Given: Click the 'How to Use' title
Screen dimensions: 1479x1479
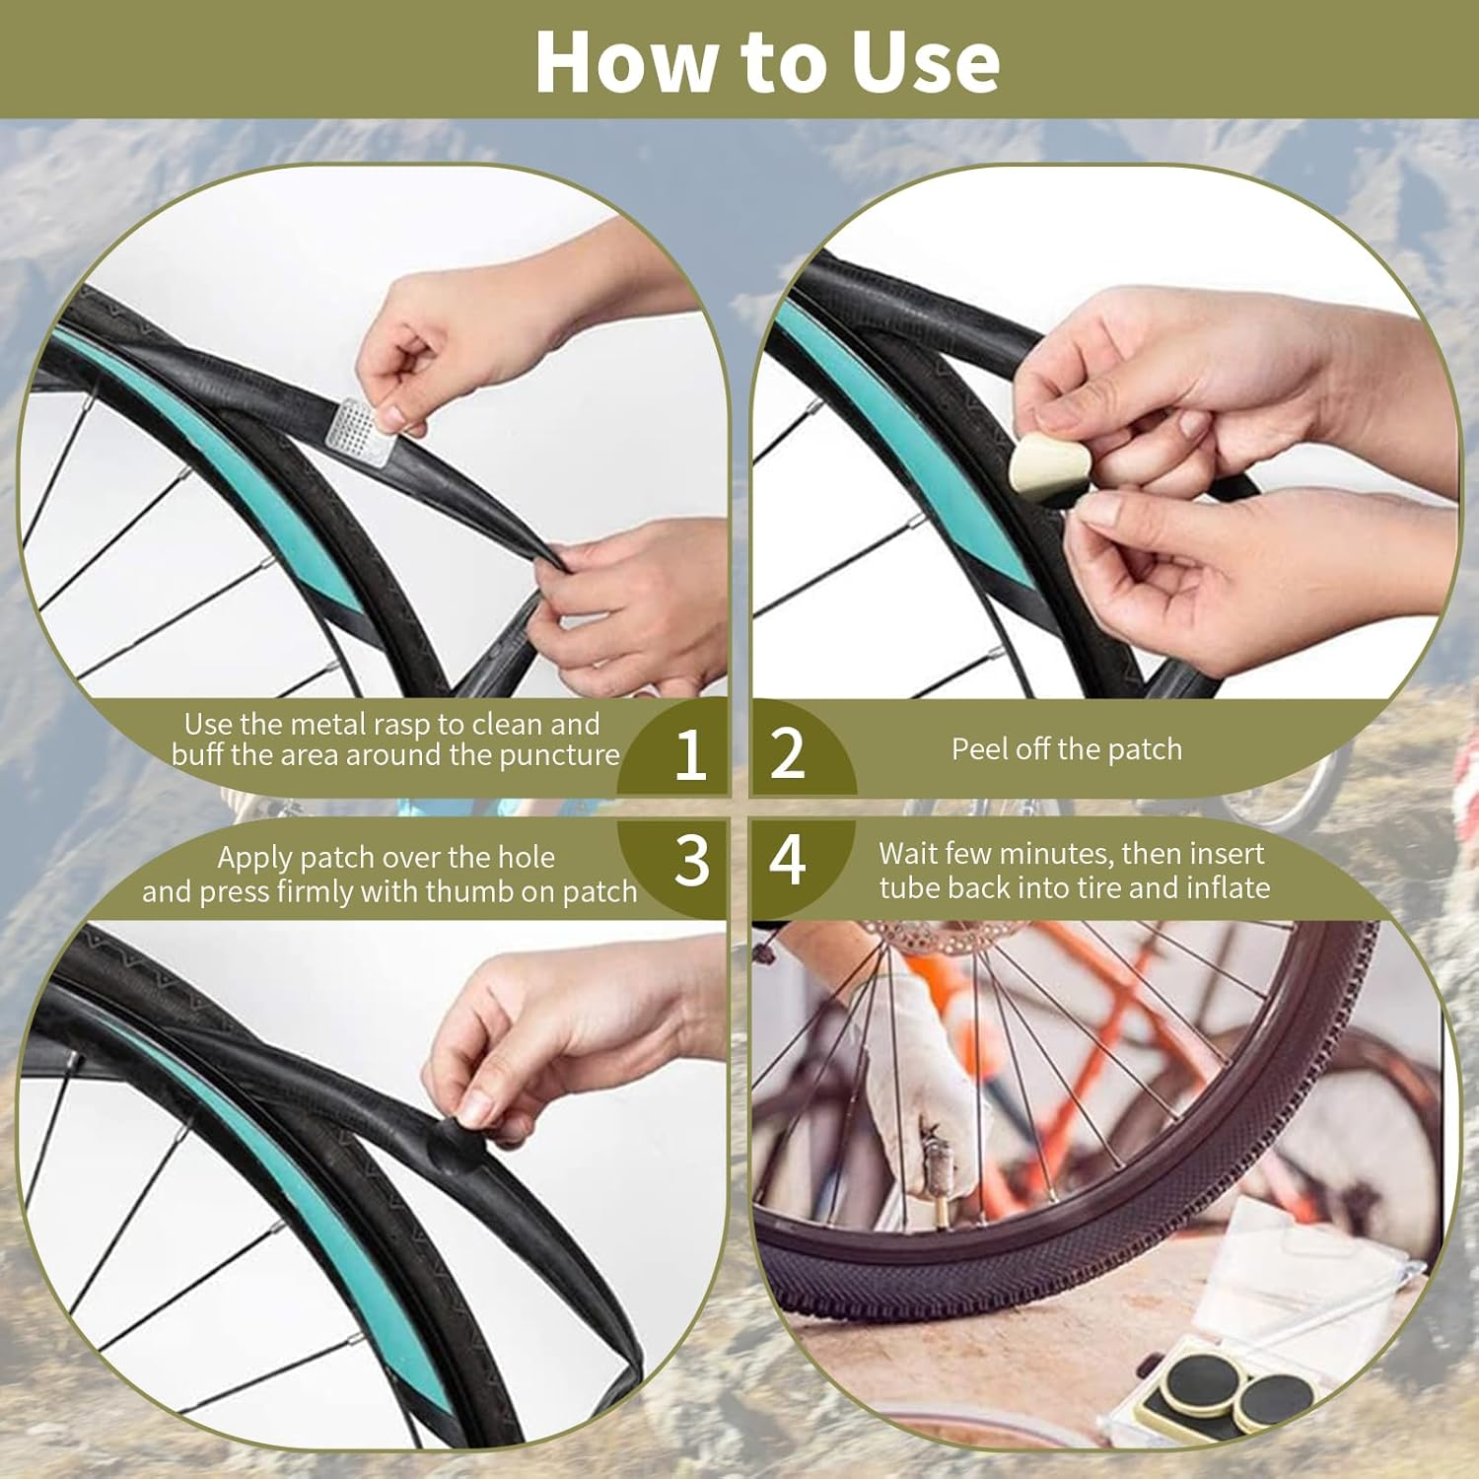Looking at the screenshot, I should coord(767,61).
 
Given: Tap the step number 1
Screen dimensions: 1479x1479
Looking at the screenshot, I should coord(690,754).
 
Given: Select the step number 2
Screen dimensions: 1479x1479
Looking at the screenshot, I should coord(788,754).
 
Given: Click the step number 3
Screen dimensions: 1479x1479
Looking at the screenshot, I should coord(691,860).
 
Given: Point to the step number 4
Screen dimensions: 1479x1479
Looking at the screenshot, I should coord(788,860).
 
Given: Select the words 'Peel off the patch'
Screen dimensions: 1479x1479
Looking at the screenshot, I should coord(1066,749).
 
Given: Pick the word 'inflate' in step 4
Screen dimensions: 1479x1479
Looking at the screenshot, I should coord(1229,887).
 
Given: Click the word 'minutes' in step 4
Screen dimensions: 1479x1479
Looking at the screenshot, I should coord(1046,853).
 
